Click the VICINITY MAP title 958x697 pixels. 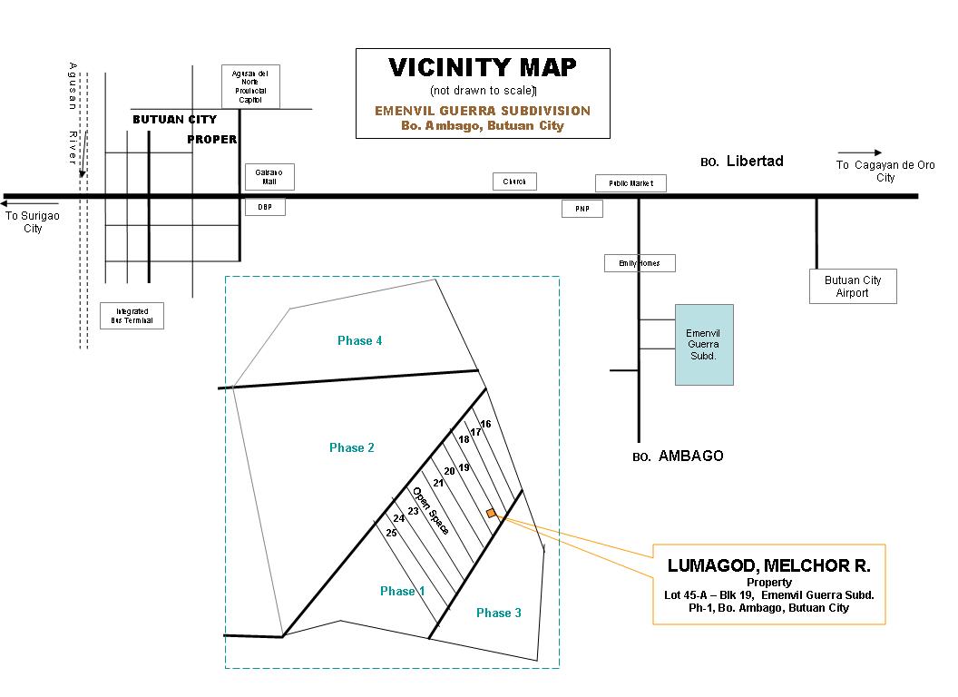pyautogui.click(x=482, y=68)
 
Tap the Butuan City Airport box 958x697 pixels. pyautogui.click(x=853, y=286)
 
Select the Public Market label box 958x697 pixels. pyautogui.click(x=631, y=183)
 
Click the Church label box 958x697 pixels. pyautogui.click(x=514, y=182)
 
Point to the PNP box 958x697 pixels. pyautogui.click(x=582, y=209)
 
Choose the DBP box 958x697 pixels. pyautogui.click(x=265, y=207)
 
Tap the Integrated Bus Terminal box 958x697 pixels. pyautogui.click(x=132, y=316)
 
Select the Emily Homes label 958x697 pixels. pyautogui.click(x=640, y=263)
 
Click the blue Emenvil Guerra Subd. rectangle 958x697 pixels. pyautogui.click(x=704, y=345)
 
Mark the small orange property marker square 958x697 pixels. pyautogui.click(x=491, y=514)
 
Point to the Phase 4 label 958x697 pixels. pyautogui.click(x=359, y=340)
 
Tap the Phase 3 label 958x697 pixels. pyautogui.click(x=499, y=613)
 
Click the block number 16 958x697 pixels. pyautogui.click(x=485, y=424)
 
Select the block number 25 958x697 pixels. pyautogui.click(x=391, y=533)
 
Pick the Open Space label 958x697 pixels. pyautogui.click(x=430, y=510)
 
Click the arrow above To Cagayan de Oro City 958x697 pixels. pyautogui.click(x=859, y=152)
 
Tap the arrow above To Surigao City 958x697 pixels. pyautogui.click(x=32, y=204)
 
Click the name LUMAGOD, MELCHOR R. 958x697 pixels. pyautogui.click(x=768, y=565)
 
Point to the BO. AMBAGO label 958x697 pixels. pyautogui.click(x=678, y=456)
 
